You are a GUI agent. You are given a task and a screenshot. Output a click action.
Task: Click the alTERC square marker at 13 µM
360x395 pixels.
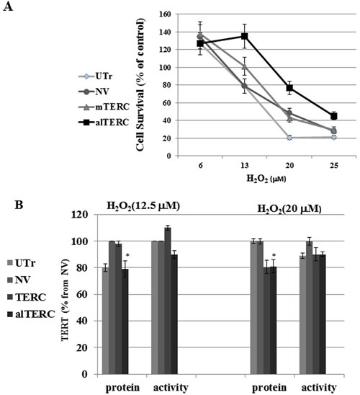pos(245,36)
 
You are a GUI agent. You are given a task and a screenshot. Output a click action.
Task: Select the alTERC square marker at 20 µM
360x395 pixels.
pos(289,88)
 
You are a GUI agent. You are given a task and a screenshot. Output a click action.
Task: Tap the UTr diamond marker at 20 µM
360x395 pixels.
pos(289,138)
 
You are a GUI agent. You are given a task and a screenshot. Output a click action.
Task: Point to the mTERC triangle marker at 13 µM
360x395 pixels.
pos(245,66)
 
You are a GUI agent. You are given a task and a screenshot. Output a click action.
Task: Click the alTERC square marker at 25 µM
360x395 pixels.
pos(334,116)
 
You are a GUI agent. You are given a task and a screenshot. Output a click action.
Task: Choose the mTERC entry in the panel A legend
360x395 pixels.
pos(104,107)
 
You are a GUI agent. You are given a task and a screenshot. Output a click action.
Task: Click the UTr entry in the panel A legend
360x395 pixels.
pos(96,76)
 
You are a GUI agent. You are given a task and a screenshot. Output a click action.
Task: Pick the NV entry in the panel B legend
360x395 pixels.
pos(19,280)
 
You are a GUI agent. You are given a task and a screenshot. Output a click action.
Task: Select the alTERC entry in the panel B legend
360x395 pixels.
pos(31,314)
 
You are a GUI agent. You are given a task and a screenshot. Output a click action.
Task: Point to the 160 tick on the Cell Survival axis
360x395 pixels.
pos(165,14)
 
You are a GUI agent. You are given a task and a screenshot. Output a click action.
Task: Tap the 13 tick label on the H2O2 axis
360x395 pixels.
pos(245,166)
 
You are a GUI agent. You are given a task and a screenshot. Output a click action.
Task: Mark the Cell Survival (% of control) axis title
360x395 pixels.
pos(140,84)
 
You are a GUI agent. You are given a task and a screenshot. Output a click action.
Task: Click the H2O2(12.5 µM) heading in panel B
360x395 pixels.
pos(143,207)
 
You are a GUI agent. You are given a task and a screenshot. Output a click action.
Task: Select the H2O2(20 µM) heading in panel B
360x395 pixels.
pos(289,210)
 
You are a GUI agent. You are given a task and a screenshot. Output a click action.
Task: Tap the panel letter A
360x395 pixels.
pos(8,6)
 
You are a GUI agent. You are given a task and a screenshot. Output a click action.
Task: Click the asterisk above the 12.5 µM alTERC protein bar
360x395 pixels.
pos(127,255)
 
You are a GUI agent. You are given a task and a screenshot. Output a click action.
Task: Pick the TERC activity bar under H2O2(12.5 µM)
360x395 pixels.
pos(168,301)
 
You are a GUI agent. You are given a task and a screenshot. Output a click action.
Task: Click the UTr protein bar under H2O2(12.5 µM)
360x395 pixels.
pos(106,321)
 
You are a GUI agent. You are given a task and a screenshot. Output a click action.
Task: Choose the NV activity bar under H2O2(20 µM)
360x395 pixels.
pos(309,308)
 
